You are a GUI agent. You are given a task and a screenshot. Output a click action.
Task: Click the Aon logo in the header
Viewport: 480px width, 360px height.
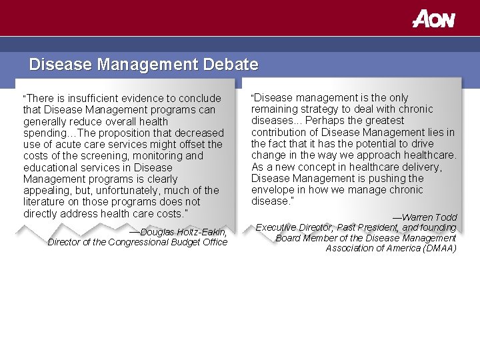pyautogui.click(x=433, y=19)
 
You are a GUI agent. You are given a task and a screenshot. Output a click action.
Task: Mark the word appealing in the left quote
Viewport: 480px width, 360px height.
pyautogui.click(x=46, y=190)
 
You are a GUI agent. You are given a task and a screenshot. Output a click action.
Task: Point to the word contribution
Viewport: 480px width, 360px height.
pyautogui.click(x=279, y=132)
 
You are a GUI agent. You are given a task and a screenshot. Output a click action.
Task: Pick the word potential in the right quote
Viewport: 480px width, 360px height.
pyautogui.click(x=363, y=143)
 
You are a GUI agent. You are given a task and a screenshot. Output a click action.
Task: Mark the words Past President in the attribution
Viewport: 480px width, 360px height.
pyautogui.click(x=368, y=227)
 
